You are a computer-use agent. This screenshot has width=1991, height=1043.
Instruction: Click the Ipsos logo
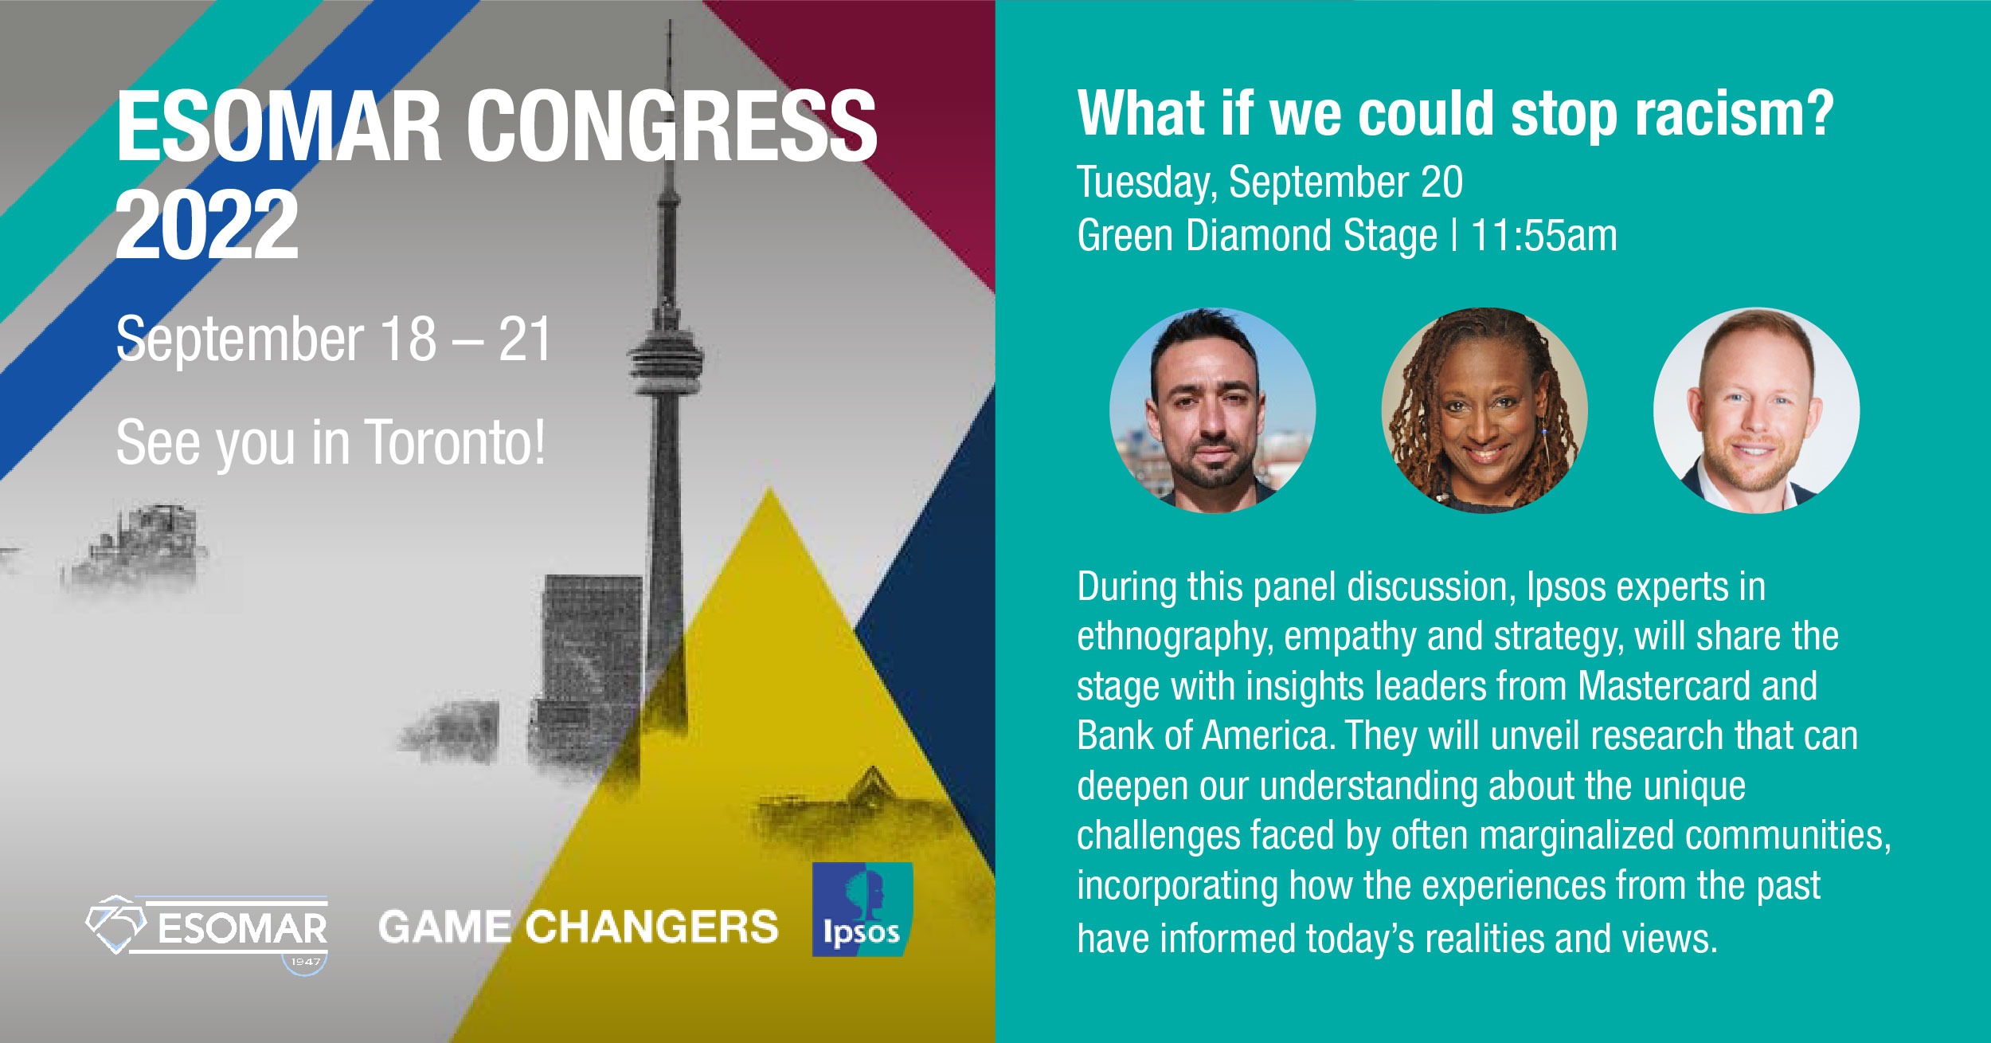(x=862, y=909)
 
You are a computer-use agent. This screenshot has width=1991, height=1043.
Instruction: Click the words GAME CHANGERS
(x=578, y=927)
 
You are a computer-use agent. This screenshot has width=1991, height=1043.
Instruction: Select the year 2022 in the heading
(x=207, y=225)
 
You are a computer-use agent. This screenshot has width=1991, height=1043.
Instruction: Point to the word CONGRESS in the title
(x=671, y=126)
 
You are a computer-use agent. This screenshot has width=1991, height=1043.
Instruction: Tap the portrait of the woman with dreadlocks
(x=1484, y=410)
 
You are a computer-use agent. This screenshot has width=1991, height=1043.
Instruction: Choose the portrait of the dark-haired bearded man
(x=1212, y=410)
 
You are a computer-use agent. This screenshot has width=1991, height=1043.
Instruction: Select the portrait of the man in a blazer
(x=1757, y=410)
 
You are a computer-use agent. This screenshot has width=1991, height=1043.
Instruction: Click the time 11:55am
(x=1544, y=236)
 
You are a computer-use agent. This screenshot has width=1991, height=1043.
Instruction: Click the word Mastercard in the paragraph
(x=1664, y=686)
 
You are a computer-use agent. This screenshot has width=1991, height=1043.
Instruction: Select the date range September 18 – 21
(x=334, y=339)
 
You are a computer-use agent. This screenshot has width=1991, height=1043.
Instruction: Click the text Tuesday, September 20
(x=1270, y=182)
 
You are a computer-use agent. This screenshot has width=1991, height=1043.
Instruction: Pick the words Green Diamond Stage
(x=1258, y=236)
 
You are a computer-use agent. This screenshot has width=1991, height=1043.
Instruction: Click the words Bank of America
(x=1204, y=735)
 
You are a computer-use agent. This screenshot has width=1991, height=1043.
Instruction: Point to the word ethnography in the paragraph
(x=1174, y=637)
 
